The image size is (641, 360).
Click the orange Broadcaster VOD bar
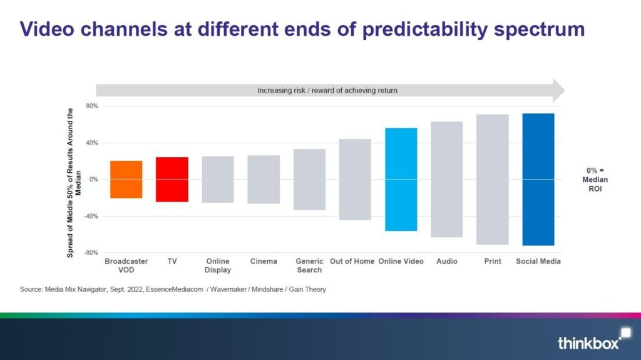(126, 180)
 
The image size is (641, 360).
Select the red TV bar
(172, 180)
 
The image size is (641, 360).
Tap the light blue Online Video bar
(401, 180)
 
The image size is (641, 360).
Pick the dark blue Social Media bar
(538, 180)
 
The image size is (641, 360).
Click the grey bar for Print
(493, 180)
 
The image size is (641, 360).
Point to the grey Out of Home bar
(355, 180)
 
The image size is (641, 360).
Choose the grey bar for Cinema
(264, 180)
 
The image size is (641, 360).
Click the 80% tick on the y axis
(91, 106)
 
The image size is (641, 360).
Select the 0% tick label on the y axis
(93, 180)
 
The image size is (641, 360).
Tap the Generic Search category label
(309, 265)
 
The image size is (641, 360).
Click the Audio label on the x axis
(447, 261)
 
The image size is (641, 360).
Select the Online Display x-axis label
(218, 265)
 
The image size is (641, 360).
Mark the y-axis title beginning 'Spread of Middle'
(74, 182)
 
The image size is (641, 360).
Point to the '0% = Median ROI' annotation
(598, 180)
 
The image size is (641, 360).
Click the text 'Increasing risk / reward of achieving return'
(327, 91)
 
